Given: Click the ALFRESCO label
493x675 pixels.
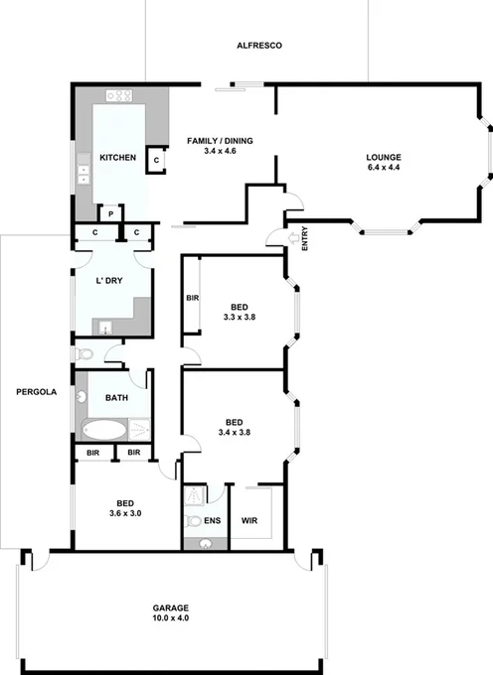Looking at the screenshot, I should point(261,46).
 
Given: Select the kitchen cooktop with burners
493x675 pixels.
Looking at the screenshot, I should point(120,97).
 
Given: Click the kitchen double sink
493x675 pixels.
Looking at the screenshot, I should point(84,176).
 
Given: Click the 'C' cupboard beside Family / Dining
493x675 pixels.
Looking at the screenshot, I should point(156,160).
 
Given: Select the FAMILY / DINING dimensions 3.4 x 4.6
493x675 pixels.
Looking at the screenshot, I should point(221,153).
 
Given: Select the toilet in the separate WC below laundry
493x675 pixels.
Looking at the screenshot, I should point(82,354).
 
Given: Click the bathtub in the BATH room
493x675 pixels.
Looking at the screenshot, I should point(104,430).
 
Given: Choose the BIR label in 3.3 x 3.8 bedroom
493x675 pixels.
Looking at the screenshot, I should point(193,297).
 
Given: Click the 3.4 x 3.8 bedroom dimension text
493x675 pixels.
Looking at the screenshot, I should point(238,432).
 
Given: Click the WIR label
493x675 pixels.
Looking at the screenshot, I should point(249,519).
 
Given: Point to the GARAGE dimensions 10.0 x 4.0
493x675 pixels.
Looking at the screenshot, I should point(171,617).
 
